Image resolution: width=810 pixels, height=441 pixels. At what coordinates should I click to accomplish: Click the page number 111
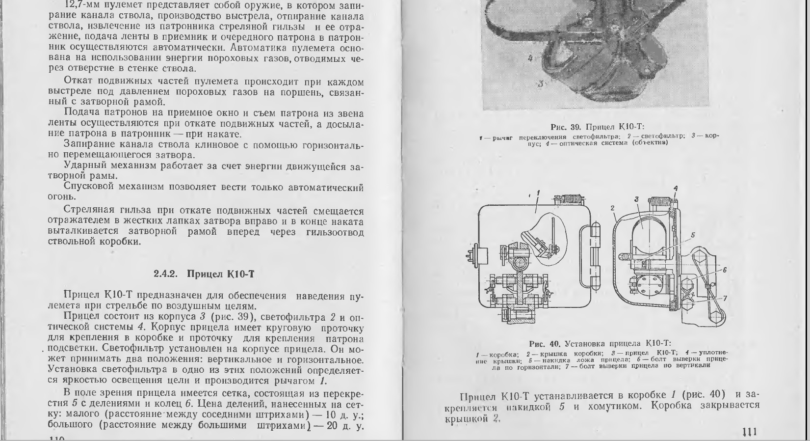[750, 432]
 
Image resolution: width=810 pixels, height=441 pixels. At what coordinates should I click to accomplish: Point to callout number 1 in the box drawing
[538, 193]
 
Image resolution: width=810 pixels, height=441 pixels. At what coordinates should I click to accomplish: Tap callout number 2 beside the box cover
[613, 208]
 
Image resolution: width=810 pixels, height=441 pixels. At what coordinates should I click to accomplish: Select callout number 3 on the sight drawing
[636, 199]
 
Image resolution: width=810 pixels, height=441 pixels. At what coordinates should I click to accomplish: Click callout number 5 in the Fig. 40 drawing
[693, 235]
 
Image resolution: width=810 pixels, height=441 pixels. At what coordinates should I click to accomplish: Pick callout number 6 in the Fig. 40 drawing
[725, 270]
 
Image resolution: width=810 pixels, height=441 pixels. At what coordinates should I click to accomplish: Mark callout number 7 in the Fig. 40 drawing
[725, 298]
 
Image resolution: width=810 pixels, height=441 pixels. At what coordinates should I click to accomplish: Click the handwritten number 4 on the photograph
[530, 58]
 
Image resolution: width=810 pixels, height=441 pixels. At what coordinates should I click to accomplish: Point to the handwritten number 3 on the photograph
[540, 84]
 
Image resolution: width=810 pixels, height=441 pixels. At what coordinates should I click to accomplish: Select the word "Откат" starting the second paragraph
[79, 82]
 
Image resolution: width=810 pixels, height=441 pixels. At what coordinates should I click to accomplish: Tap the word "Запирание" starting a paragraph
[87, 144]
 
